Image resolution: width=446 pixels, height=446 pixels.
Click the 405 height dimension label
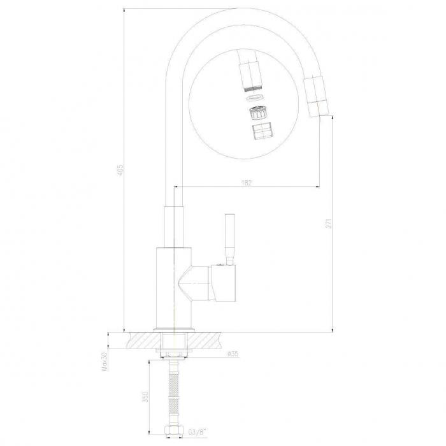point(120,169)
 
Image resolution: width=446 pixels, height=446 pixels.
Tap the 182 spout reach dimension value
point(247,183)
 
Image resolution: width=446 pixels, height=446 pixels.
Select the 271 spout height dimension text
point(329,223)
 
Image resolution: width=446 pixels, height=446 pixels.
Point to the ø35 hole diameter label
point(233,354)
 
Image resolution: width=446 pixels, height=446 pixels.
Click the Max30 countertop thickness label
point(104,361)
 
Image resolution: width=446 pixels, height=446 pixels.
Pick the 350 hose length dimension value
point(145,396)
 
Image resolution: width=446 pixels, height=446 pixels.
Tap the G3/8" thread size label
point(197,433)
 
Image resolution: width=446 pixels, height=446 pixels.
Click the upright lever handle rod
point(230,239)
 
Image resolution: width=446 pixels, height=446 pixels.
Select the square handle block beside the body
point(223,283)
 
